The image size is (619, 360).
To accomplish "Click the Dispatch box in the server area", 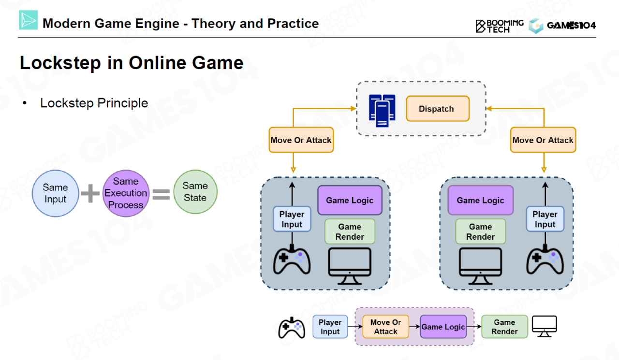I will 437,109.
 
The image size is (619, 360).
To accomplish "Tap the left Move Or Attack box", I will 301,140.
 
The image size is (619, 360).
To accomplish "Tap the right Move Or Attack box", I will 544,140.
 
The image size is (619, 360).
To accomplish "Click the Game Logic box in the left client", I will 350,201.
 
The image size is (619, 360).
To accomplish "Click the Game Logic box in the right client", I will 480,201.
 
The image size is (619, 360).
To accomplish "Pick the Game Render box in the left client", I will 350,231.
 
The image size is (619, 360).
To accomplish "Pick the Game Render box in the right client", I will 480,231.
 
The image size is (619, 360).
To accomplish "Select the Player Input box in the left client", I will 292,219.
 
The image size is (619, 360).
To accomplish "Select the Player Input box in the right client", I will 545,219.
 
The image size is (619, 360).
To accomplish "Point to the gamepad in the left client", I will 292,261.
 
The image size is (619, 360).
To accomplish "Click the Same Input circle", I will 55,193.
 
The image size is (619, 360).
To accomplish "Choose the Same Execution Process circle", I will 126,193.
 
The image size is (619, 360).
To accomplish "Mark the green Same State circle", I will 195,192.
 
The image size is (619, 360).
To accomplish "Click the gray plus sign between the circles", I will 90,193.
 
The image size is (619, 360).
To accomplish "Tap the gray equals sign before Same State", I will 161,194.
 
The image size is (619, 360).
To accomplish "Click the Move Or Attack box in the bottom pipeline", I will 385,327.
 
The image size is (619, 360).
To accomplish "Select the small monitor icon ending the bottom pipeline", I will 545,326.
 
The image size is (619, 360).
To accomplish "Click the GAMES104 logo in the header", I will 562,26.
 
